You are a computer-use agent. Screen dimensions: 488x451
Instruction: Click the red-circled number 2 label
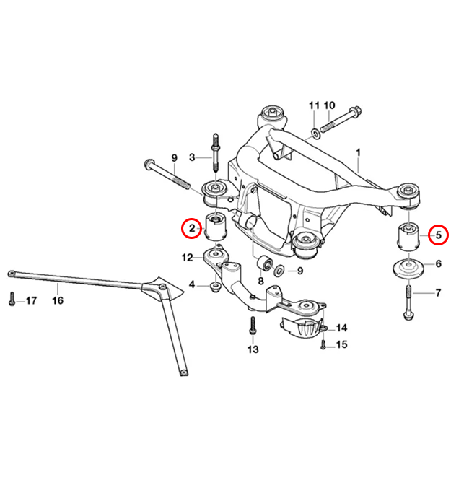(192, 229)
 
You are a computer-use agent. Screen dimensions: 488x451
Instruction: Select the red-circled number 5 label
(437, 235)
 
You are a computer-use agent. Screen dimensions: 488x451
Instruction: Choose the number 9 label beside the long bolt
(173, 158)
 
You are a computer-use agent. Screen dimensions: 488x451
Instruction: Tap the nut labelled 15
(323, 344)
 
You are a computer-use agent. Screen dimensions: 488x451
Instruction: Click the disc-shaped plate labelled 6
(408, 271)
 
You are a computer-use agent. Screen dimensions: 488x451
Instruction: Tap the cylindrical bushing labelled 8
(264, 261)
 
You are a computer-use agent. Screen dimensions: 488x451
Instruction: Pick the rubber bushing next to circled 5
(409, 237)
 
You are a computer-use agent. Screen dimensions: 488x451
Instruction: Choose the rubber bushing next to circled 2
(215, 227)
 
